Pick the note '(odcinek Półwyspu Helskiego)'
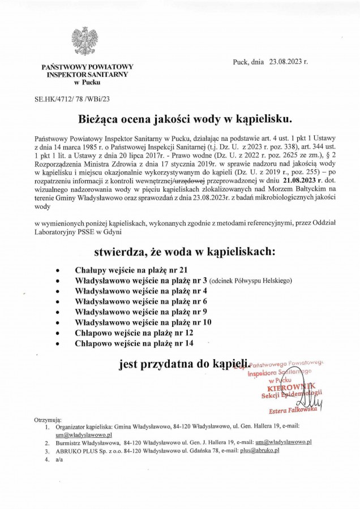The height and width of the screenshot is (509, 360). click(250, 281)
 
